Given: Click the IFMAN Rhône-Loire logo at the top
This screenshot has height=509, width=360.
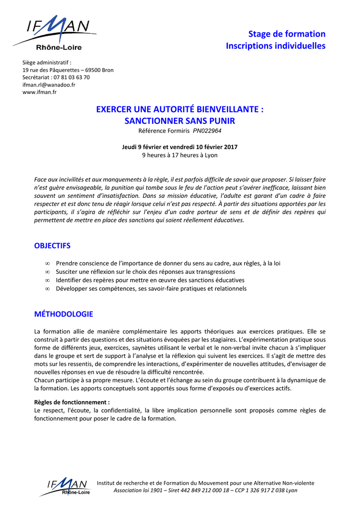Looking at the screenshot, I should point(55,32).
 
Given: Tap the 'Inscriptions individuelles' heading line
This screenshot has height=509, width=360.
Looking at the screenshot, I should point(275,46).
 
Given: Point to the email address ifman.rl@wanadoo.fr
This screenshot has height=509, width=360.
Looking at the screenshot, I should point(49,85).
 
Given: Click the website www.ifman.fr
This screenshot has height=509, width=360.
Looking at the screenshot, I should point(39,92).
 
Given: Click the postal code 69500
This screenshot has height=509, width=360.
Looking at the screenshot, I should point(93,70).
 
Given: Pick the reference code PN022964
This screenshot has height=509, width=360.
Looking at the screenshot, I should point(207,131).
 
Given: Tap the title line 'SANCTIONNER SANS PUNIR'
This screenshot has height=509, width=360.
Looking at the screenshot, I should point(180,121).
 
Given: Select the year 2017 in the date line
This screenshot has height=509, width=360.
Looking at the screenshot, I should point(230,147).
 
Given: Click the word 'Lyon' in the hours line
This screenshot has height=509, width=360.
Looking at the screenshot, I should point(211,155).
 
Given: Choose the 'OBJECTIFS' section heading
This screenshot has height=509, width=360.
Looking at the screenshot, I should point(52,246).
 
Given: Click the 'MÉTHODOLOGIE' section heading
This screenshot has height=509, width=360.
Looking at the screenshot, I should point(63,314).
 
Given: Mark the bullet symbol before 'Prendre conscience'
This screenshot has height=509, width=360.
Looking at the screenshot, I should point(47,263).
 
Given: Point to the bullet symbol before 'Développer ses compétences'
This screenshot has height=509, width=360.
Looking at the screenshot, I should point(47,289).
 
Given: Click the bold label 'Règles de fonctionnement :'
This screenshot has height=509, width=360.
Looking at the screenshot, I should point(72,402).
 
